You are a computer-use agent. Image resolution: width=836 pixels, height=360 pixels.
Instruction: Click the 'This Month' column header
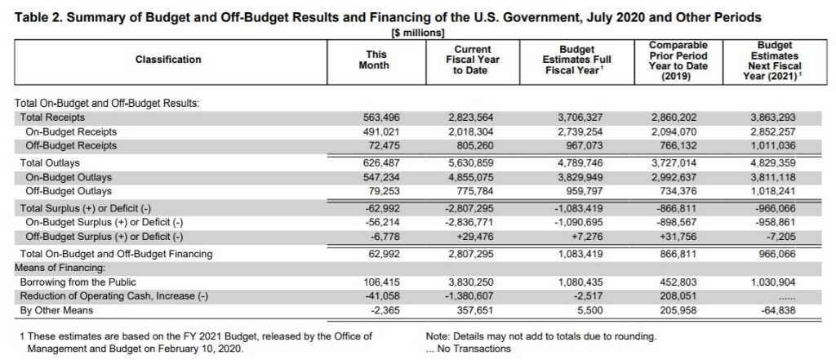pyautogui.click(x=376, y=60)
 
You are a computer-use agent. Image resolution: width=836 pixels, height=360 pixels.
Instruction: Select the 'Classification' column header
pyautogui.click(x=168, y=60)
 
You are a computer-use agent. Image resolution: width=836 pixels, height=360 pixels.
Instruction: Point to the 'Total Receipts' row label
pyautogui.click(x=52, y=118)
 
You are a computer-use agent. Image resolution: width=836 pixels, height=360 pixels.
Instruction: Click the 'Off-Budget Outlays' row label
pyautogui.click(x=69, y=191)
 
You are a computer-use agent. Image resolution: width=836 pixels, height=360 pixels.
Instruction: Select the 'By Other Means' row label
pyautogui.click(x=56, y=310)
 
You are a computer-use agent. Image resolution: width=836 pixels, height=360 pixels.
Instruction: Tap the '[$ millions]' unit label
pyautogui.click(x=417, y=33)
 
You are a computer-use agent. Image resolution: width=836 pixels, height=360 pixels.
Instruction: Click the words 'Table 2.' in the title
pyautogui.click(x=38, y=18)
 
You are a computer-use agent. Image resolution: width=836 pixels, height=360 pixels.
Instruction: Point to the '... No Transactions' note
pyautogui.click(x=468, y=349)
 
